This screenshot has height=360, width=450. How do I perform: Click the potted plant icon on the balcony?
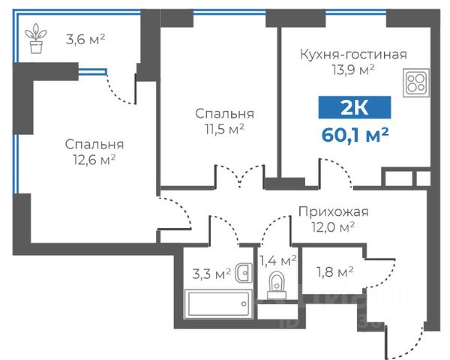click(36, 38)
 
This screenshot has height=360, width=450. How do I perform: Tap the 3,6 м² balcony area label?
click(85, 39)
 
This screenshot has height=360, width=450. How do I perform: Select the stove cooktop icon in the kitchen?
click(416, 82)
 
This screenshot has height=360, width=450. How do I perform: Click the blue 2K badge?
click(355, 107)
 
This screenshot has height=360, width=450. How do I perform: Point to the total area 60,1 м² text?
click(355, 135)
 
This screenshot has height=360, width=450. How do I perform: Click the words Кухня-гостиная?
click(353, 54)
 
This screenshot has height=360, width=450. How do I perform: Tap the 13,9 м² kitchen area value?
click(353, 70)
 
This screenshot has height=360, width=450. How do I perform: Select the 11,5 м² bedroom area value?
click(224, 129)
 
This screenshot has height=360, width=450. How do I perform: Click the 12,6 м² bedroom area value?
click(94, 160)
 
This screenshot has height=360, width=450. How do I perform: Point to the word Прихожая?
click(334, 212)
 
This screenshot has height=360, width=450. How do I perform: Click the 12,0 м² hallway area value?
click(333, 227)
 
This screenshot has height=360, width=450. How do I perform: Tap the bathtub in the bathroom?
click(218, 304)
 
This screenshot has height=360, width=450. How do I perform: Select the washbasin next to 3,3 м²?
click(244, 272)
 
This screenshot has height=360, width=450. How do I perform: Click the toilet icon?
click(277, 286)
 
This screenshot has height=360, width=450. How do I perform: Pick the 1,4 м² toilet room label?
click(277, 261)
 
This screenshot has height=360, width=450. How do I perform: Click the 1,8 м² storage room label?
click(335, 271)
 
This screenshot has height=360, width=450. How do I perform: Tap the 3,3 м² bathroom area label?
click(211, 274)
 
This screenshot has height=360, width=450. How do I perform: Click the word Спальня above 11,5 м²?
click(224, 114)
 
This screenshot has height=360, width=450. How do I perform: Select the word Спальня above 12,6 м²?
click(94, 144)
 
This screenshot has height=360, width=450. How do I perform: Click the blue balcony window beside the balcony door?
click(93, 71)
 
